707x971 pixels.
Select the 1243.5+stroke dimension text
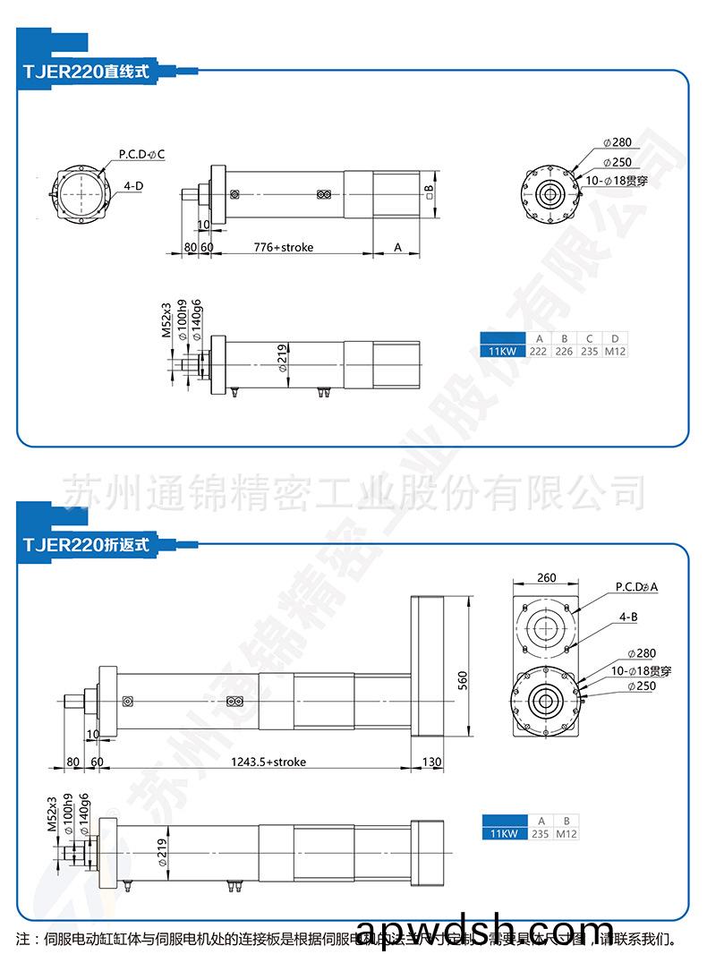268,762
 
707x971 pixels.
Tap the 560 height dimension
463,680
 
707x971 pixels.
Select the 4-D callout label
134,186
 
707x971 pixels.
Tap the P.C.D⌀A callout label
636,587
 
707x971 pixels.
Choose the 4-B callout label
627,618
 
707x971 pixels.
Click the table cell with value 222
538,352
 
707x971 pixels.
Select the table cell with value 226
564,352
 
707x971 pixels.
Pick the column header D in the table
615,338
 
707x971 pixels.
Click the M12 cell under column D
615,352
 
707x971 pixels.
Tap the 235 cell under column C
590,352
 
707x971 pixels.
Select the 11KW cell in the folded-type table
503,834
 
